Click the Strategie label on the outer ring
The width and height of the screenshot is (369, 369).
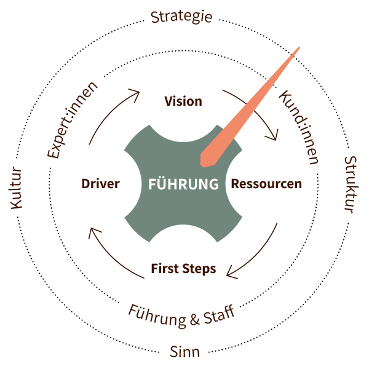[x=181, y=17]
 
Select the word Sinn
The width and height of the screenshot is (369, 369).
[x=184, y=352]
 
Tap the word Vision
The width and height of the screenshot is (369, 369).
[x=183, y=101]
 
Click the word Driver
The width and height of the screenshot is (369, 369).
[x=100, y=184]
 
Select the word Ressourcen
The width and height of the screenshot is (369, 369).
[x=266, y=184]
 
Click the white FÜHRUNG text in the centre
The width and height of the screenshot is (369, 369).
[x=183, y=184]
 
